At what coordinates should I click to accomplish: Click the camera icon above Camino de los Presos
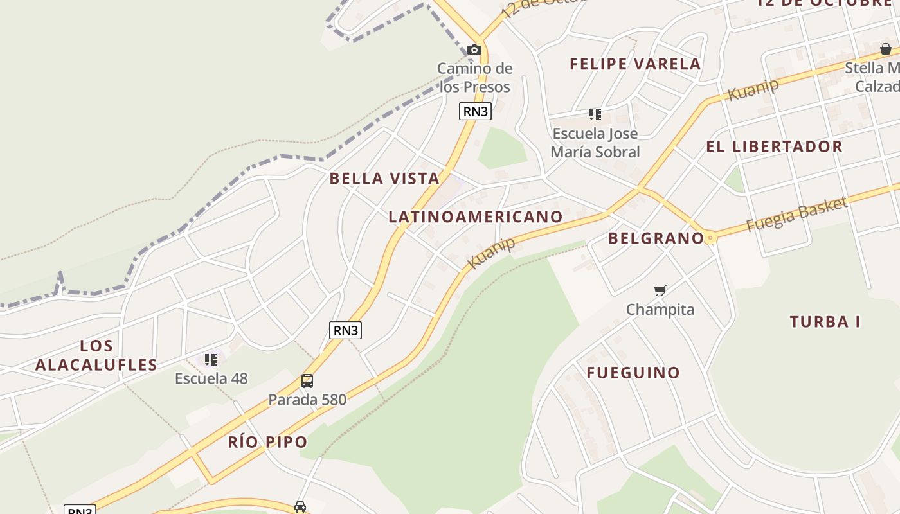pyautogui.click(x=474, y=49)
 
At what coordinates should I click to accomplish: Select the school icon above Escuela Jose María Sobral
pyautogui.click(x=595, y=114)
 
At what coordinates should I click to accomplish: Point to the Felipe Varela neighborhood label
pyautogui.click(x=635, y=64)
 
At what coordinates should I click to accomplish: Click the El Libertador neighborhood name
pyautogui.click(x=774, y=146)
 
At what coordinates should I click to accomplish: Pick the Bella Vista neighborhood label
pyautogui.click(x=384, y=179)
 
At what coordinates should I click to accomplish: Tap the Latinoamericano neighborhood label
pyautogui.click(x=476, y=217)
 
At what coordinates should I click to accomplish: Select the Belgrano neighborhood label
pyautogui.click(x=656, y=238)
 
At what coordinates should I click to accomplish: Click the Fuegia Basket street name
pyautogui.click(x=797, y=215)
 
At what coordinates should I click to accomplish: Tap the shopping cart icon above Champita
pyautogui.click(x=660, y=291)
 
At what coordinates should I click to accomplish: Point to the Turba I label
pyautogui.click(x=825, y=322)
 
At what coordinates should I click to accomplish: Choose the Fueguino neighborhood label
pyautogui.click(x=633, y=373)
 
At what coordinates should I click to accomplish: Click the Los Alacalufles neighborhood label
pyautogui.click(x=96, y=355)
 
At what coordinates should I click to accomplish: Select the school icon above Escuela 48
pyautogui.click(x=211, y=360)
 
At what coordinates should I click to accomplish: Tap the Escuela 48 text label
pyautogui.click(x=211, y=378)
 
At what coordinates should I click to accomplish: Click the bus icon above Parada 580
pyautogui.click(x=307, y=381)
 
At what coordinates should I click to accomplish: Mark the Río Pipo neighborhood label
pyautogui.click(x=267, y=442)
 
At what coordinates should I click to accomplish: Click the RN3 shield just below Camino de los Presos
pyautogui.click(x=475, y=111)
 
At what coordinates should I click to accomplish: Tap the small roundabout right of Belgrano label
pyautogui.click(x=710, y=238)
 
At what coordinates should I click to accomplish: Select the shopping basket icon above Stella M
pyautogui.click(x=885, y=49)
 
